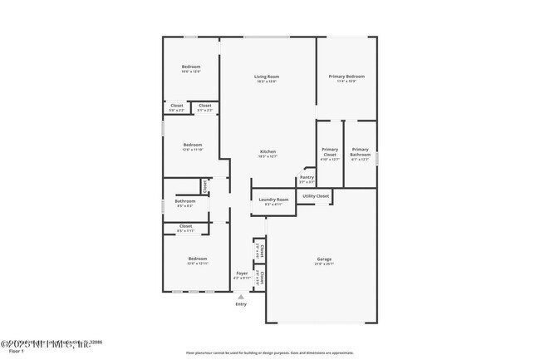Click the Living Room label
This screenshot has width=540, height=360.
point(267,76)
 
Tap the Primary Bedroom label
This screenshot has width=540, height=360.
point(346,76)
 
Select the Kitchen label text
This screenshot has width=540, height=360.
point(268,151)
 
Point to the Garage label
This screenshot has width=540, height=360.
point(323,259)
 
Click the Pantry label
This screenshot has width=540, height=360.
point(307,177)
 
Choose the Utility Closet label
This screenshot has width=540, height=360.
point(316,195)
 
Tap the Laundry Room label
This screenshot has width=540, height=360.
point(273,200)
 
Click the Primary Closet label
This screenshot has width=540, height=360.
point(330,152)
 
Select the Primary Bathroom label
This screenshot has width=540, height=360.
point(360,152)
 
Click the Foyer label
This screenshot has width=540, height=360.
point(242,273)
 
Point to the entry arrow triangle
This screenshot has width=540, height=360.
point(242,296)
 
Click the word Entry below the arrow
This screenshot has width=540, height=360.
point(241,304)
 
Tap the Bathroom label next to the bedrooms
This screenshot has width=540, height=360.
point(184,201)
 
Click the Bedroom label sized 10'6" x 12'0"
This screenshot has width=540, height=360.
point(191,67)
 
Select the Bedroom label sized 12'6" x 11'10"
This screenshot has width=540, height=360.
point(193,144)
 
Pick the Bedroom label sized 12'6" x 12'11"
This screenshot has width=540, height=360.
point(197,259)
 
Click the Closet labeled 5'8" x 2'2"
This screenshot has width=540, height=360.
point(177,106)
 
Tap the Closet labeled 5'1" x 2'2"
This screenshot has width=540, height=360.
point(204,106)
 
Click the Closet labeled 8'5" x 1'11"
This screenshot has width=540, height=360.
point(185,226)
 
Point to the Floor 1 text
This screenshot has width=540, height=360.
point(10,352)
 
